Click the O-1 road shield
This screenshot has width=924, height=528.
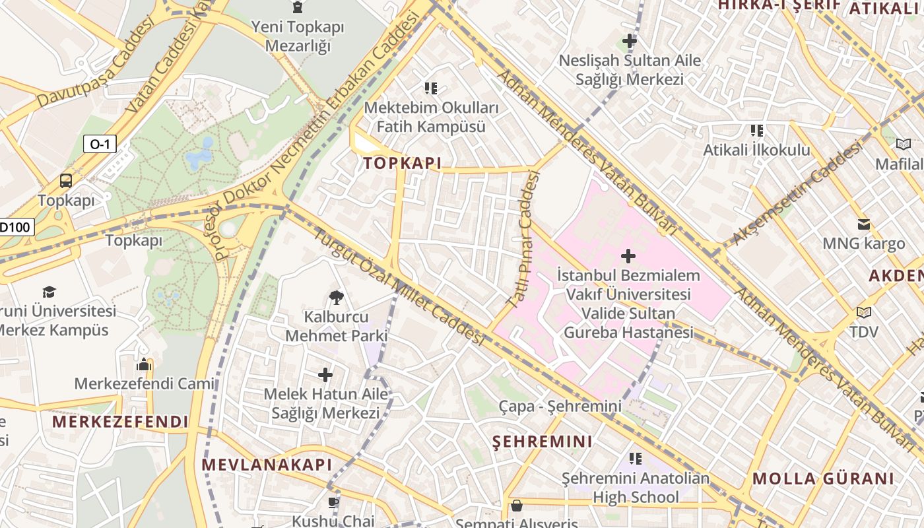[100, 144]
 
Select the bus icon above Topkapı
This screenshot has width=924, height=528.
[66, 181]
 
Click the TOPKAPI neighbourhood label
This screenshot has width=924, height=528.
[402, 164]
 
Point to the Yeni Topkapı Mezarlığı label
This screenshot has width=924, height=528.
[297, 36]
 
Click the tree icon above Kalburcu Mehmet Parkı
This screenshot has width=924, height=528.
[336, 298]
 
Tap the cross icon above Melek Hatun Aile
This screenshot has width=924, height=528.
[325, 375]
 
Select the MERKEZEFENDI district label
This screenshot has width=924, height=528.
[120, 422]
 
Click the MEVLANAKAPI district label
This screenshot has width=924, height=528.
[267, 465]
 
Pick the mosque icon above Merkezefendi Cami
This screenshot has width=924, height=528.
[144, 364]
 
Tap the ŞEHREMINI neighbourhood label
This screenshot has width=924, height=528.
[543, 442]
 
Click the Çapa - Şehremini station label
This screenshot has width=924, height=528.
[560, 407]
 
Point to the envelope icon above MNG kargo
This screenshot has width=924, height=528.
[863, 224]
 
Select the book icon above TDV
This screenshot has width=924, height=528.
[863, 312]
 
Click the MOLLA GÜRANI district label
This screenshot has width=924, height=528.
[823, 478]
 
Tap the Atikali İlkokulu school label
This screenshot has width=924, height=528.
[756, 150]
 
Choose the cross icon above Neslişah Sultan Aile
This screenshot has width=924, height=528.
[629, 41]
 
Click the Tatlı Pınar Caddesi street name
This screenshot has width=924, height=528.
[523, 240]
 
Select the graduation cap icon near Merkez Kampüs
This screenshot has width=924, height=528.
[49, 292]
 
